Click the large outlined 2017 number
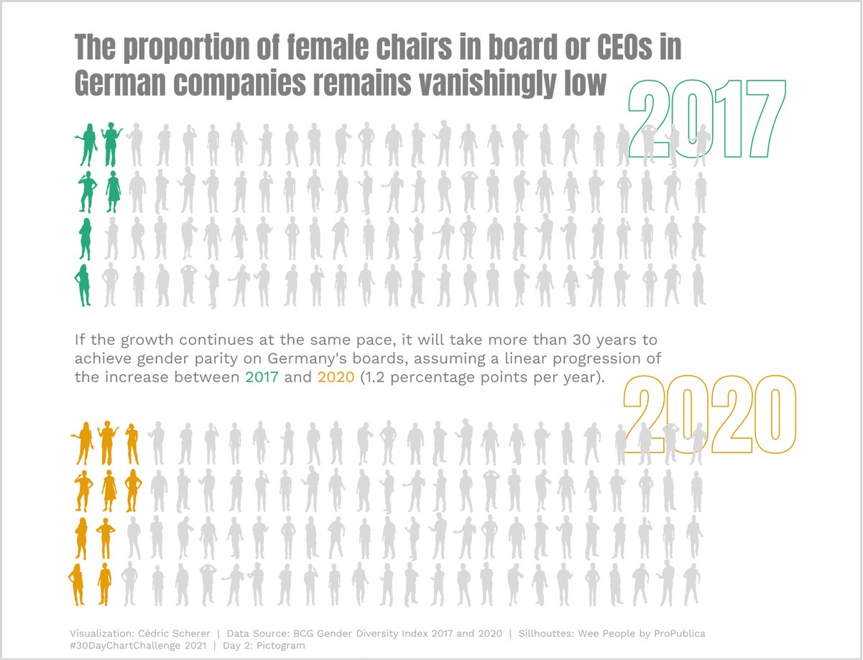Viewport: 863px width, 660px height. pos(706,118)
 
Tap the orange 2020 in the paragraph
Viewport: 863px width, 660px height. pos(336,377)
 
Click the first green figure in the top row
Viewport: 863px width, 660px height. pos(89,145)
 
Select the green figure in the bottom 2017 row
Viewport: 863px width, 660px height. pos(84,285)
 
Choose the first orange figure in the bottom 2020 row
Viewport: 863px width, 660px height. pos(77,585)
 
